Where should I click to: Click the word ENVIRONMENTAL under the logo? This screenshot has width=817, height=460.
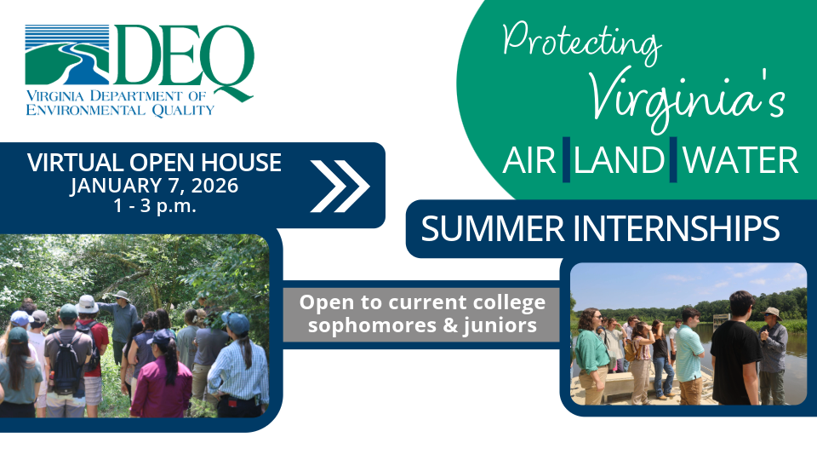point(84,109)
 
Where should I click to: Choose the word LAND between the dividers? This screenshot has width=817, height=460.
point(619,160)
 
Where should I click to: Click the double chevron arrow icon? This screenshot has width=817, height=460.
point(340,184)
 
